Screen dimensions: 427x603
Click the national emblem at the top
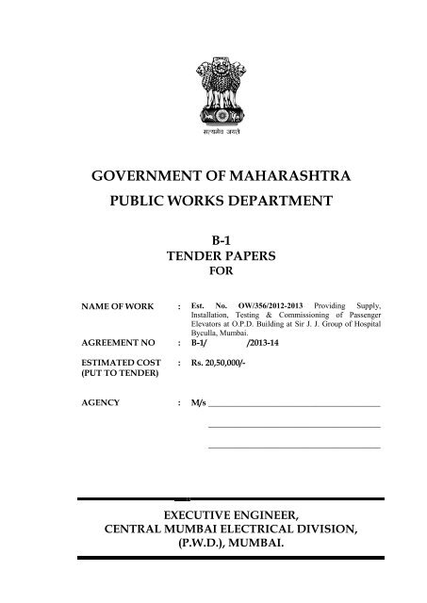(213, 90)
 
